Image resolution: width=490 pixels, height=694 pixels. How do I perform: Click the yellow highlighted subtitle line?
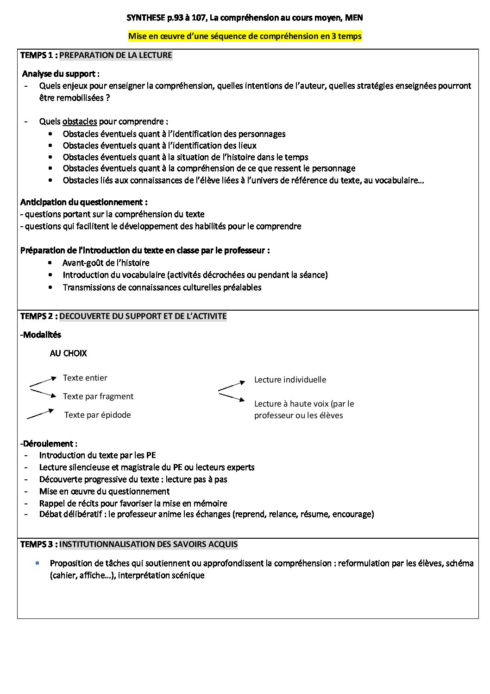pos(245,36)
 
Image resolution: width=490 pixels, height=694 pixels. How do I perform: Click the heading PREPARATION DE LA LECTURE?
pos(116,55)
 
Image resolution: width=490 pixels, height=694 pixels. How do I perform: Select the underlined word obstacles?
pos(80,121)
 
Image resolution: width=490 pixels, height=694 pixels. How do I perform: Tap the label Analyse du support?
pos(61,74)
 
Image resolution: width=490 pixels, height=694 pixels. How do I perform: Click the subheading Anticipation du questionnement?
pos(84,202)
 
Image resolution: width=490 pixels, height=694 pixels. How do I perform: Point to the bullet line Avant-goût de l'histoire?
pos(106,263)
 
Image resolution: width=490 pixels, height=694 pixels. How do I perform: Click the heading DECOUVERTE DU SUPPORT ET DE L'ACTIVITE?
pos(143,316)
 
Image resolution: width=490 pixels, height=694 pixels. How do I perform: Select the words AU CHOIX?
pos(68,353)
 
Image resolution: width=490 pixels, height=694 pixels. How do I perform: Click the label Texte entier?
pos(85,378)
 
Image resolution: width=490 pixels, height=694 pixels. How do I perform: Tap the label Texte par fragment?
pos(98,396)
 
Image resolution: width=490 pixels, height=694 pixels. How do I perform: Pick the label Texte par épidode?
pos(98,415)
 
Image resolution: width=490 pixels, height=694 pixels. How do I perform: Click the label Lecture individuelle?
pos(290,380)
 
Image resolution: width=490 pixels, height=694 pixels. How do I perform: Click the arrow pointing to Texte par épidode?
pos(41,414)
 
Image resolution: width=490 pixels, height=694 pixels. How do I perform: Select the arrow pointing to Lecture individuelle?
pos(232,386)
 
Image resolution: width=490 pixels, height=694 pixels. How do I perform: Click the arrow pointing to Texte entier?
pos(44,382)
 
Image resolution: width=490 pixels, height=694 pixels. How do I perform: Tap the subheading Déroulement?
pos(50,444)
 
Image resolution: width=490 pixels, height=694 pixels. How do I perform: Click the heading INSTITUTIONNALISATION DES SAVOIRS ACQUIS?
pos(149,544)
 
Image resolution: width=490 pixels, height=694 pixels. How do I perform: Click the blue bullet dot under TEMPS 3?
pos(37,563)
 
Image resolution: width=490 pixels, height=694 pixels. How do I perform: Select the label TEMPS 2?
pos(38,316)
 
